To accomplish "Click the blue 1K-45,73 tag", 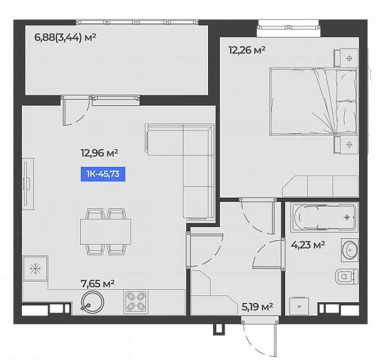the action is [x=103, y=174].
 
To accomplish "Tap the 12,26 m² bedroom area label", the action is [x=247, y=50].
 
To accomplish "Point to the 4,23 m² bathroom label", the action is [x=308, y=245].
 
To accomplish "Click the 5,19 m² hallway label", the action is [x=257, y=307].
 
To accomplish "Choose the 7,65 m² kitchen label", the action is [x=98, y=283].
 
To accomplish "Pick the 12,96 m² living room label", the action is [x=99, y=153].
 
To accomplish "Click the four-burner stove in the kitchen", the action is [x=136, y=302].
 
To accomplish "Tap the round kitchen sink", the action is [x=92, y=302].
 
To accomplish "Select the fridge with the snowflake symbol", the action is [x=35, y=268].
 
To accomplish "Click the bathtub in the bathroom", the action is [x=324, y=218].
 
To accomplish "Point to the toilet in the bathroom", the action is [x=347, y=277].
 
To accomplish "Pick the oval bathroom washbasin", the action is [x=350, y=250].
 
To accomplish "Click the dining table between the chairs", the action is [x=105, y=231].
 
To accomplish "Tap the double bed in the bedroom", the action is [x=313, y=101].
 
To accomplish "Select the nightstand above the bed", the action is [x=346, y=58].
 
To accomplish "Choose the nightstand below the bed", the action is [x=346, y=144].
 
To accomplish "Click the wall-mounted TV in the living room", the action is [x=27, y=184].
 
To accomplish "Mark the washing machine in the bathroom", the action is [x=300, y=306].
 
